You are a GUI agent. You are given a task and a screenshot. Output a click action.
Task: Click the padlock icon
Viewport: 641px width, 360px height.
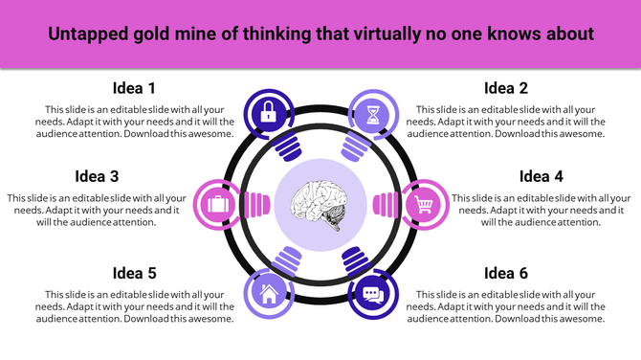269,113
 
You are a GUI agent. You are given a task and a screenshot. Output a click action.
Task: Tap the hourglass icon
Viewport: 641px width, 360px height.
370,113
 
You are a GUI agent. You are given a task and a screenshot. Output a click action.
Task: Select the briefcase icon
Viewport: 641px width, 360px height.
216,203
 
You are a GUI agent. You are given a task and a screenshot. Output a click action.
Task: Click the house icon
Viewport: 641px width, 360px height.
269,294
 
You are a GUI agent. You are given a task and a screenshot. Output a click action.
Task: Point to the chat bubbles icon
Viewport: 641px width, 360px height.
372,294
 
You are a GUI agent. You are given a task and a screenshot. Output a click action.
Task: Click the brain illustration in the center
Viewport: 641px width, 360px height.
320,203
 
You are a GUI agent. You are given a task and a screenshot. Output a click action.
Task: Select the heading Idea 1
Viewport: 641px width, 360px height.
134,88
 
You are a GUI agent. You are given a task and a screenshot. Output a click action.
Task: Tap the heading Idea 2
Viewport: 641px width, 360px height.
506,88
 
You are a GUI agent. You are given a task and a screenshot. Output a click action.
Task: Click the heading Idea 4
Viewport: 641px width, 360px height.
541,176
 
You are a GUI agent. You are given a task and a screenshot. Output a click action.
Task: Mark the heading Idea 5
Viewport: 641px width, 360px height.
134,273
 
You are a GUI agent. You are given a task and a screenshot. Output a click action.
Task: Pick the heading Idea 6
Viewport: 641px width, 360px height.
506,273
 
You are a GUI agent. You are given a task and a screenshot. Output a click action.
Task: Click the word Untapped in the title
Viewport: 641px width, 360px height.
89,34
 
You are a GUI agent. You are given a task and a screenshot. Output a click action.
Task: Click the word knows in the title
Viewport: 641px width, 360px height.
517,34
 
